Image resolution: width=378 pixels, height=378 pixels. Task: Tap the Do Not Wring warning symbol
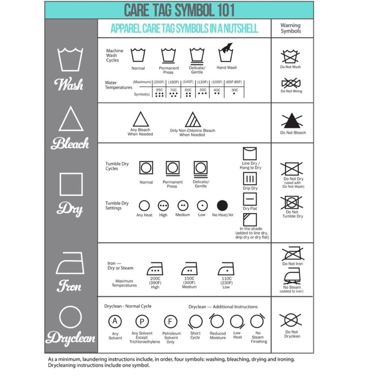click(x=291, y=83)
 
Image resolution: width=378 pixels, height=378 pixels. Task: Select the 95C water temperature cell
click(x=160, y=92)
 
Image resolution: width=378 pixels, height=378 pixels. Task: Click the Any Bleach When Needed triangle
click(x=141, y=119)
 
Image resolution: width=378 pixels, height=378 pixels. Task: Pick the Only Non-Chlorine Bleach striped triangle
click(x=193, y=119)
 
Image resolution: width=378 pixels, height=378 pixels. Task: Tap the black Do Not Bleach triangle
click(x=292, y=121)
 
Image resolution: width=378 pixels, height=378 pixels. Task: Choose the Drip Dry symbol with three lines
click(x=250, y=179)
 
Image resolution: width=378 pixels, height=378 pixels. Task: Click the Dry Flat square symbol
click(x=250, y=199)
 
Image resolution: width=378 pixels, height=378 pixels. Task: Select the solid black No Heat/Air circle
click(x=222, y=205)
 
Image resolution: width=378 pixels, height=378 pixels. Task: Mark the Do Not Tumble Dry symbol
click(x=291, y=202)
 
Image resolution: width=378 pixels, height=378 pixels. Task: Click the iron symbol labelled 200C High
click(x=155, y=269)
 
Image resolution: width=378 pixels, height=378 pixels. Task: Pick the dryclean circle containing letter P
click(x=142, y=321)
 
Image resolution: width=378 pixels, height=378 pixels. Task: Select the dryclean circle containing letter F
click(x=170, y=321)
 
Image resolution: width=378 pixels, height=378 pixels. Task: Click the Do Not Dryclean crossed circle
click(x=291, y=321)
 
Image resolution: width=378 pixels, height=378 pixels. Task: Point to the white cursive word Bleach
click(x=70, y=143)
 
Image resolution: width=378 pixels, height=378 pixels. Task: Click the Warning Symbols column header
click(x=291, y=28)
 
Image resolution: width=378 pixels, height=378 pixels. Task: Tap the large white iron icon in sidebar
click(x=70, y=263)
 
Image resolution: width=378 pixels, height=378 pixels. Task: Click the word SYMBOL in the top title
click(x=195, y=10)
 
